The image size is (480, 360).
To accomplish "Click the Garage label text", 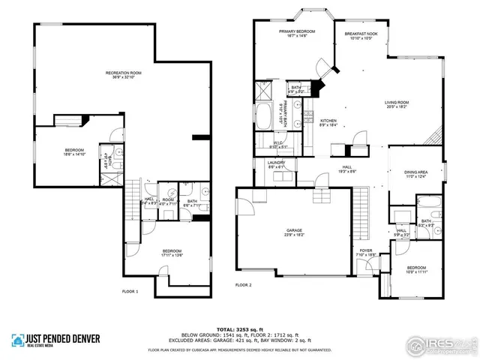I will point(293,232).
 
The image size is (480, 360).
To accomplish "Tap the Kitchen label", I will point(328,122).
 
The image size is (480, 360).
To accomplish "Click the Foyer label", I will point(365,253).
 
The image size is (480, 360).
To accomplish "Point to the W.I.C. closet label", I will point(276,145).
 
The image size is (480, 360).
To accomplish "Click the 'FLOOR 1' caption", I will point(130,290).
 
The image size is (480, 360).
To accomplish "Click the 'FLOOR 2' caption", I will point(243,285).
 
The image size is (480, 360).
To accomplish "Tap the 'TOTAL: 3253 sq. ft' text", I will point(239,329).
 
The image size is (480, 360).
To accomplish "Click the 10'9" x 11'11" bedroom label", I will point(415,270).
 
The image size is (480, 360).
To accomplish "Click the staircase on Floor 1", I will point(133,198).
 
